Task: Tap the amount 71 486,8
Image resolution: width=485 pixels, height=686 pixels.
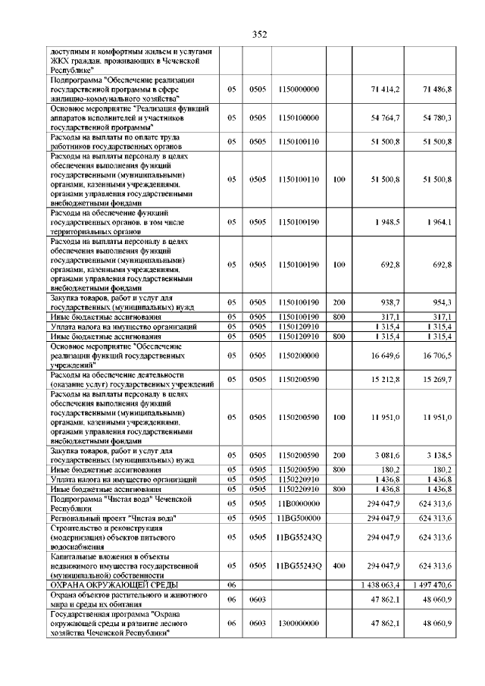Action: coord(437,89)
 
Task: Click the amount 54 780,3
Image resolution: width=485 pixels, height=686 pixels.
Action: coord(437,118)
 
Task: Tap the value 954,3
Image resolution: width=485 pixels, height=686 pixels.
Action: coord(440,302)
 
